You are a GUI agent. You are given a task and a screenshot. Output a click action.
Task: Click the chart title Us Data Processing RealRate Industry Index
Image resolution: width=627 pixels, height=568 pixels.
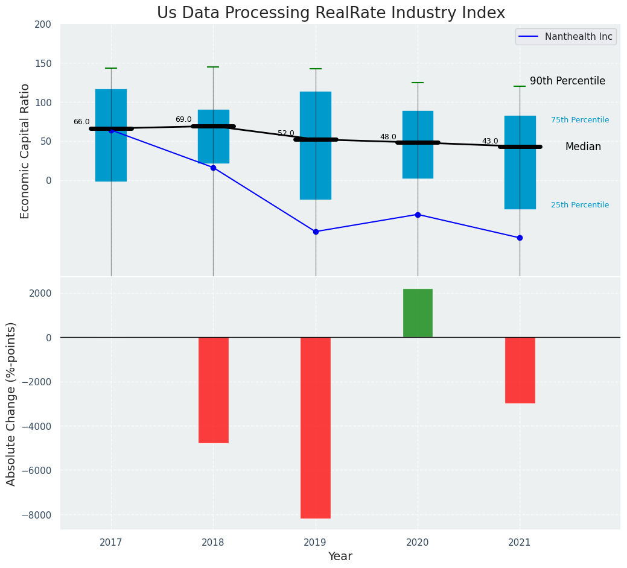click(331, 13)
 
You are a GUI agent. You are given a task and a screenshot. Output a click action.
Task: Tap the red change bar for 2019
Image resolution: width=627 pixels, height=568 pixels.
click(316, 428)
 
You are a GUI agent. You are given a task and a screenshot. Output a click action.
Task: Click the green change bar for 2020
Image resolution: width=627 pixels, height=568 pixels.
click(418, 313)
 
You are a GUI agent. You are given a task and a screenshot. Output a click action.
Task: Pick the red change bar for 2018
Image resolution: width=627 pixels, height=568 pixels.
click(213, 390)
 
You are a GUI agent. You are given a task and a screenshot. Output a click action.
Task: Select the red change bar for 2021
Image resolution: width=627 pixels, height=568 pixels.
click(520, 370)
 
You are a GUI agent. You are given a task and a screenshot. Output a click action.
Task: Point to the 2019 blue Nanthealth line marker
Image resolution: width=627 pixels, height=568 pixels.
click(316, 232)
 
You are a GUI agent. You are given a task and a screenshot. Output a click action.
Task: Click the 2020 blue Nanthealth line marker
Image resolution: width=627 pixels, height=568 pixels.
click(418, 215)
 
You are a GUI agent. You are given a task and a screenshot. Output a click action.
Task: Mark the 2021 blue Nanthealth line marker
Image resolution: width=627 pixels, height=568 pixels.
click(520, 238)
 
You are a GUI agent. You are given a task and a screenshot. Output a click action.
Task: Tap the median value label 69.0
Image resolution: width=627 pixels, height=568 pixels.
click(183, 120)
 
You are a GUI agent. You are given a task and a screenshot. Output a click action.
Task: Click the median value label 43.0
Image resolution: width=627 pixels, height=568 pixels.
click(490, 142)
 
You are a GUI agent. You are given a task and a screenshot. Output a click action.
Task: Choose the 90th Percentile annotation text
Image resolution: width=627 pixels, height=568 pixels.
click(567, 81)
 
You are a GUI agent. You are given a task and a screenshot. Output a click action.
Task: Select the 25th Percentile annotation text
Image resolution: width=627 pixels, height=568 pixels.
click(580, 205)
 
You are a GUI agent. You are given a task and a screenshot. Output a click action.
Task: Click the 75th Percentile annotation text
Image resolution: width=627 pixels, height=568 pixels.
click(580, 120)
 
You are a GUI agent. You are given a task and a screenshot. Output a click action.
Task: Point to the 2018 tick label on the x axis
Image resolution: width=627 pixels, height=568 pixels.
click(213, 543)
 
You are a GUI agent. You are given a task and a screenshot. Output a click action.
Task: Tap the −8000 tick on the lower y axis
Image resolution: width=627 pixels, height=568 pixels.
click(36, 515)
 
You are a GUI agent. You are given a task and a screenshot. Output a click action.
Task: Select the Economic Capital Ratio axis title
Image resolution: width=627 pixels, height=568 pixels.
click(25, 151)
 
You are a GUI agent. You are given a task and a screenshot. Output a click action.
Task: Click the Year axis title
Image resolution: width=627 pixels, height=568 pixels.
click(340, 557)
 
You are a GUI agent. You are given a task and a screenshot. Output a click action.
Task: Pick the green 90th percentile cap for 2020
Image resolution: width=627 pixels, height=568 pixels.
click(418, 83)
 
